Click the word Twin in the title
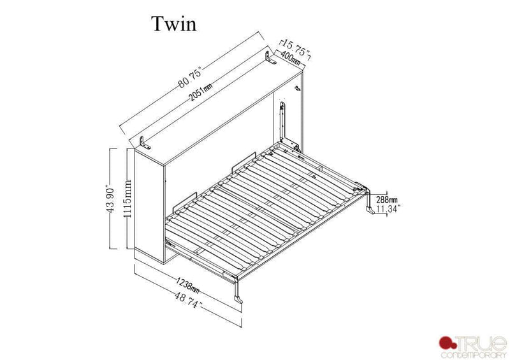click(x=173, y=24)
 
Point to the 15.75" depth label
click(x=295, y=49)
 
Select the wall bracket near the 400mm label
click(x=270, y=60)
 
